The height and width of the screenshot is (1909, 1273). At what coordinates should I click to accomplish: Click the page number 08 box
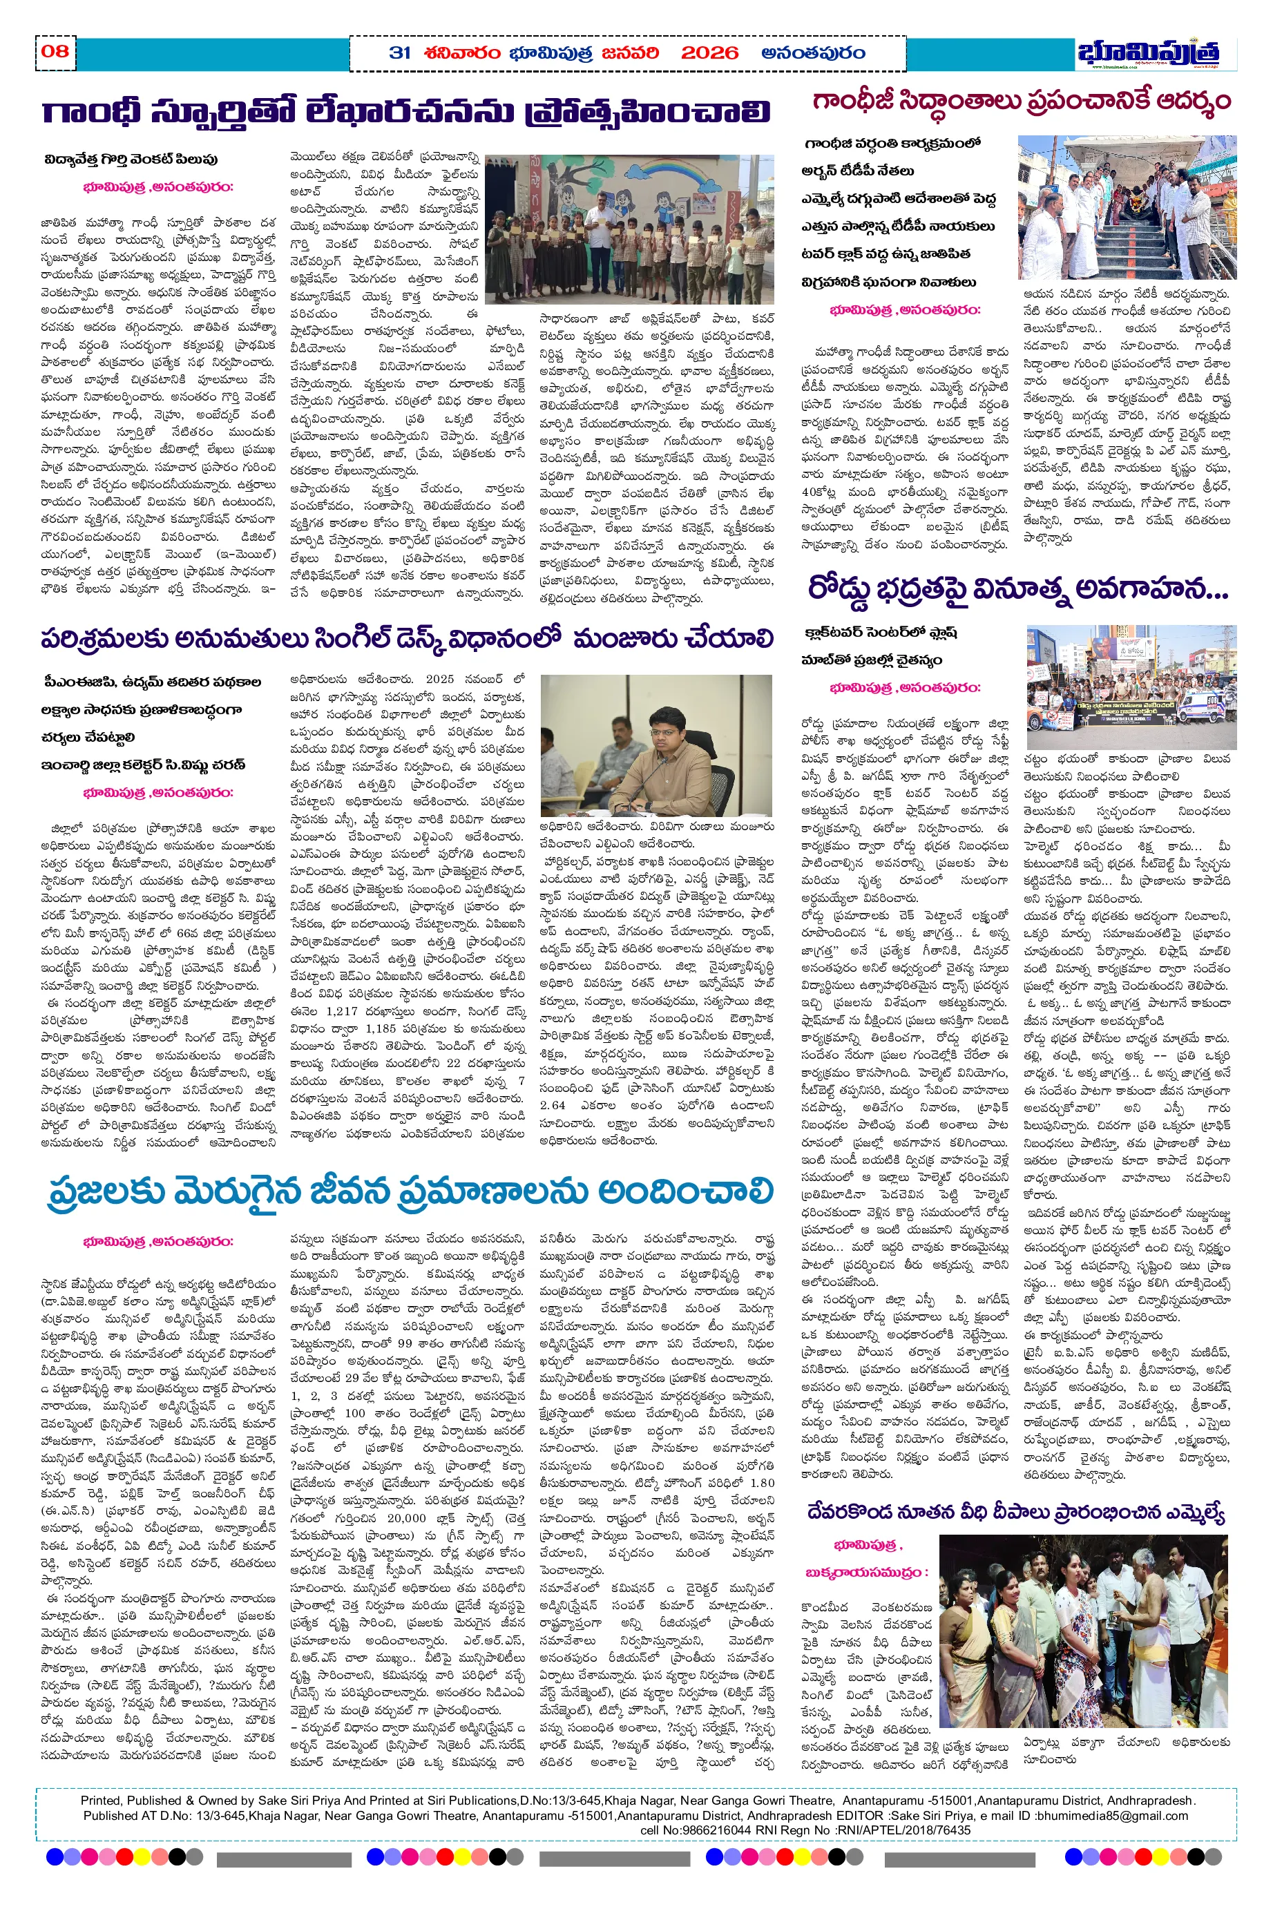(55, 51)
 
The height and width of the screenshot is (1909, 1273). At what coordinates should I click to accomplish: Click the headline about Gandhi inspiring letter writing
(406, 111)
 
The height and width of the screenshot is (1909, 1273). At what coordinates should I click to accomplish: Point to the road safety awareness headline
(1017, 590)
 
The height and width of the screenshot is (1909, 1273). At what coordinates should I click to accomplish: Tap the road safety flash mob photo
(1131, 687)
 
